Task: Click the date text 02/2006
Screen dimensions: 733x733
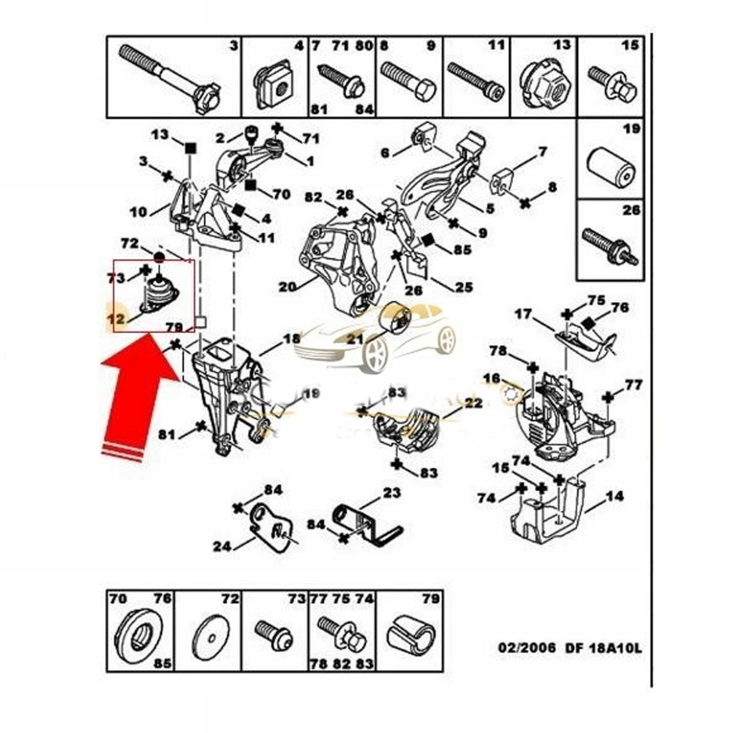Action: click(527, 648)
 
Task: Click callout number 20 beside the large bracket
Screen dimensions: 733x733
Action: click(288, 287)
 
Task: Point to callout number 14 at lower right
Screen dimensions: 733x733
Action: click(614, 496)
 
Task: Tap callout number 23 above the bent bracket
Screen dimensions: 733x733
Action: click(391, 493)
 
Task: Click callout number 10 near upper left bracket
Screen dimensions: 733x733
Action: click(139, 212)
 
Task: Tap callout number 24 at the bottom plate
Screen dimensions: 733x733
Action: click(222, 546)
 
